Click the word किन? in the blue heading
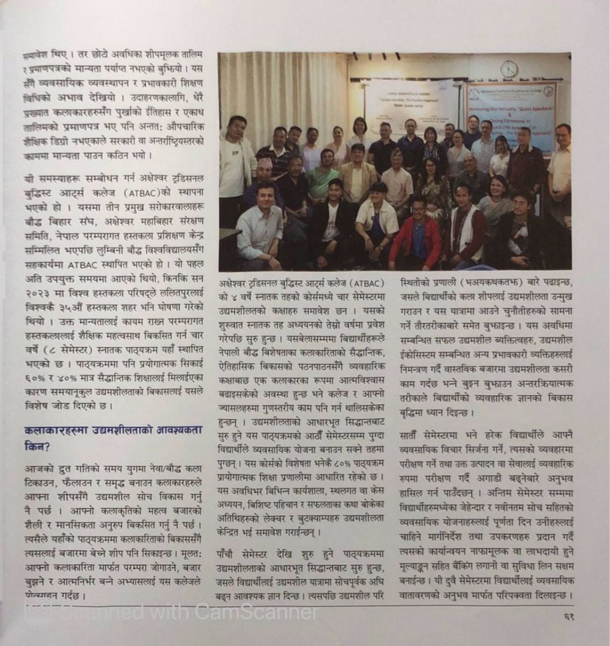[36, 446]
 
